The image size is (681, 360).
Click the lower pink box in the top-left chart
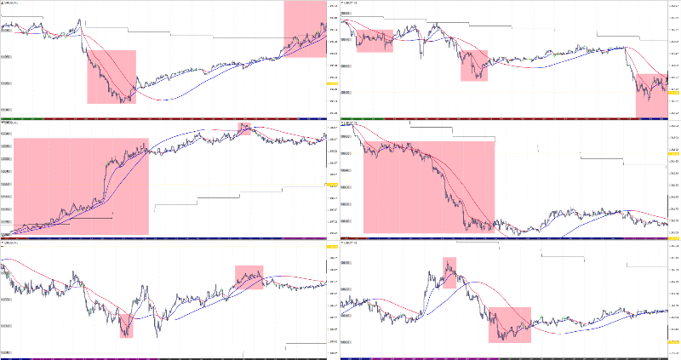(x=112, y=77)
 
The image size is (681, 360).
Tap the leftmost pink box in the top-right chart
(x=375, y=40)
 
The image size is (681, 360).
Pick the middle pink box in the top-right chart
(x=475, y=66)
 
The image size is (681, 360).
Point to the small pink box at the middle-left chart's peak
(x=245, y=129)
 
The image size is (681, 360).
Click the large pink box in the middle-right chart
(x=428, y=186)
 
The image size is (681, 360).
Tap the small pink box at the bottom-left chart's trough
(x=127, y=325)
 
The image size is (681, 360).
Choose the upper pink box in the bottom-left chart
(x=249, y=277)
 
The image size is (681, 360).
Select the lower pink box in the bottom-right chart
(x=510, y=324)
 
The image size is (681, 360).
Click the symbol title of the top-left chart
(x=14, y=3)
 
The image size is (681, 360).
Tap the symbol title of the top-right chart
(x=351, y=3)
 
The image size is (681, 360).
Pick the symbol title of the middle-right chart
(x=351, y=123)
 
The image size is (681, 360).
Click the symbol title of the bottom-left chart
(x=12, y=243)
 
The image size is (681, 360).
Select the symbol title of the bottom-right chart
(x=351, y=243)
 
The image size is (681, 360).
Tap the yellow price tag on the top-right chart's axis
(x=672, y=91)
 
